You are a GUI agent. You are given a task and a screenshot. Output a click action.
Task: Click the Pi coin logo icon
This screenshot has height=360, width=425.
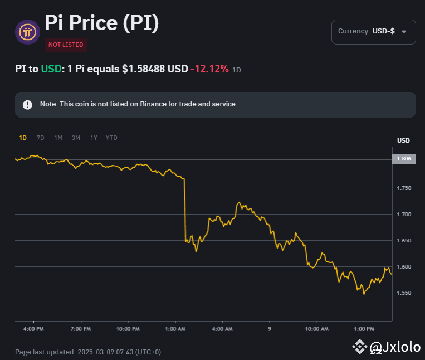coord(27,32)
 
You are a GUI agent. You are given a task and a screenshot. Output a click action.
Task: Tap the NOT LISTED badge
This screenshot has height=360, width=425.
coord(66,45)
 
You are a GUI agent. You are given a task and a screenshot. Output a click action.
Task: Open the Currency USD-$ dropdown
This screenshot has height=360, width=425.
coord(373,32)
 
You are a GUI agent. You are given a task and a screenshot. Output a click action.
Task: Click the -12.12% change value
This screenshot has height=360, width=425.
coord(209,69)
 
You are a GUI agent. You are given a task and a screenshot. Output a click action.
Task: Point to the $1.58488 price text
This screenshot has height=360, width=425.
coord(155,69)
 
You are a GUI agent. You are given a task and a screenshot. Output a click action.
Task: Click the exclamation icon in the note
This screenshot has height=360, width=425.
coord(27,105)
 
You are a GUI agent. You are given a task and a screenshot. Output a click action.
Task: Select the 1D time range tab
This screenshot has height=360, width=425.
coord(23,138)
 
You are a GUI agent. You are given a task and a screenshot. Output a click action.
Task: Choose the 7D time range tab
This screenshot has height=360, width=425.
coord(40,138)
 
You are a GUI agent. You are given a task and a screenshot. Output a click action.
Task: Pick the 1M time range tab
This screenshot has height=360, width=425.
coord(58,138)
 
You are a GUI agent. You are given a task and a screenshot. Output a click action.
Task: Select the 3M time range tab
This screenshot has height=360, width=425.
coord(76,138)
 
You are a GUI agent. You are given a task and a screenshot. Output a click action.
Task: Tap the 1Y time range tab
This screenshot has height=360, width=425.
coord(94,138)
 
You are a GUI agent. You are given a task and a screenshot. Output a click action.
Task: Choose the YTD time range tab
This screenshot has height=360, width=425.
coord(111,138)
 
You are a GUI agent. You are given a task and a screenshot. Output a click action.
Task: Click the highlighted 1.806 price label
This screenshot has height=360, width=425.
coord(404,159)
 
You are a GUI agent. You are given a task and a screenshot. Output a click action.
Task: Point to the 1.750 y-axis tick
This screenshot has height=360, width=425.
coord(404,188)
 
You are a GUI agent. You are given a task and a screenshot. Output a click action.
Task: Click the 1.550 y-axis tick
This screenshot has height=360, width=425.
coord(404,293)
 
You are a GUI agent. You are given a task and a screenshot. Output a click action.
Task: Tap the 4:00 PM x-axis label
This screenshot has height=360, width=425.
coord(33,329)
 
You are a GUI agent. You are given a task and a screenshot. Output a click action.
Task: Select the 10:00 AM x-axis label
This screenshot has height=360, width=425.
coord(317,329)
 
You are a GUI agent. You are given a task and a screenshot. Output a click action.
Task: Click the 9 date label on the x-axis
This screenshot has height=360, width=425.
coord(270,329)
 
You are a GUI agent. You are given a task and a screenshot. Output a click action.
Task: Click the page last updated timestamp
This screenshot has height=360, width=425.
coord(88,352)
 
